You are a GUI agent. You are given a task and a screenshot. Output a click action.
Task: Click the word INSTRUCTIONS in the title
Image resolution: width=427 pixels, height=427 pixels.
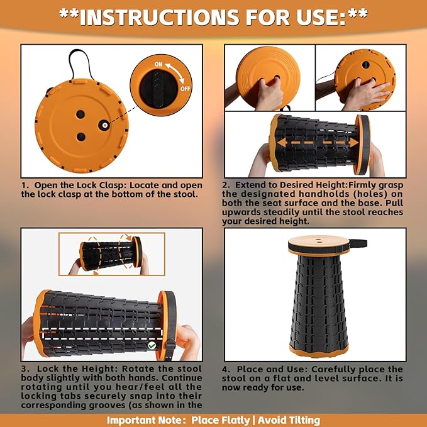(x=159, y=17)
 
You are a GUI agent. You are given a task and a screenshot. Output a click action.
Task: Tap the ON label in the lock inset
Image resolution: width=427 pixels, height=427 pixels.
(x=158, y=64)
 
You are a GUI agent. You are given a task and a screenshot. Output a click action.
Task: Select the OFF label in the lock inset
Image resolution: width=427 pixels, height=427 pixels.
(x=185, y=89)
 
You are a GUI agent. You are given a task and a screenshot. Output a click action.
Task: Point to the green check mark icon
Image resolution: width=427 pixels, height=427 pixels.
(x=152, y=346)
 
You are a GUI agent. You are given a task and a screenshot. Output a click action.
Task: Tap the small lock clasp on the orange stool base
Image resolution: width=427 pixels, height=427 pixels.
(x=104, y=125)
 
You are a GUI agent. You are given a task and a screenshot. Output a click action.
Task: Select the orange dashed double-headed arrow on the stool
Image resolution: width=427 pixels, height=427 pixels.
(x=318, y=142)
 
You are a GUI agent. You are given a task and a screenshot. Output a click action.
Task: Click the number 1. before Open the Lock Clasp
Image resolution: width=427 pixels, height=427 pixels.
(x=25, y=186)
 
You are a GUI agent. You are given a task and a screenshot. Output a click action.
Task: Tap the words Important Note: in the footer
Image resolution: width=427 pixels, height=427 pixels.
(x=147, y=420)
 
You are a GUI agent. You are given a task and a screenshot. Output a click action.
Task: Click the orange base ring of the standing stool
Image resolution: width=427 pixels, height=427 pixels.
(x=319, y=351)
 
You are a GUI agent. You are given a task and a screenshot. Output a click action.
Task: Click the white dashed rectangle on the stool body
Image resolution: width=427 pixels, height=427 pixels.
(x=103, y=333)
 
